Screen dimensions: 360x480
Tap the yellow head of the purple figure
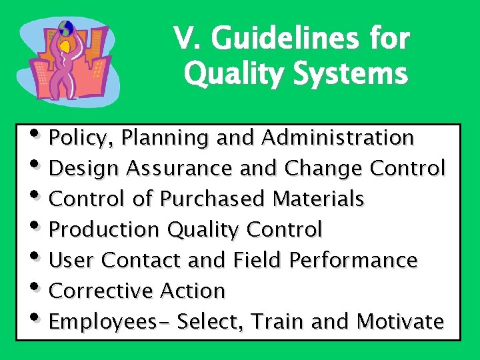click(x=66, y=45)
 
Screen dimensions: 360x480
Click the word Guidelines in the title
click(x=279, y=39)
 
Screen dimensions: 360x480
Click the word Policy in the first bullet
click(x=73, y=138)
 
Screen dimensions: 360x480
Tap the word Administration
click(x=338, y=137)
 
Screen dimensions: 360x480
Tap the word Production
click(x=105, y=229)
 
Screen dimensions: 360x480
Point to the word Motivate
click(x=400, y=321)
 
